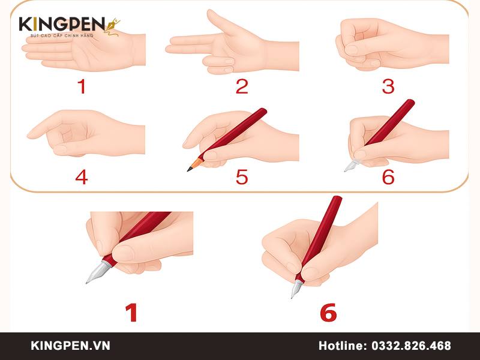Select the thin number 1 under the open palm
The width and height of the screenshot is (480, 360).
[x=81, y=87]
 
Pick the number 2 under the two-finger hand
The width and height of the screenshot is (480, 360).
[x=242, y=87]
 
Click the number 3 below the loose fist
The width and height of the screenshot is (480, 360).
[x=388, y=87]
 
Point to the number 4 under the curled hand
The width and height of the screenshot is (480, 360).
[x=81, y=177]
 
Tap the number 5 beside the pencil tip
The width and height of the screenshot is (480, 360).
[x=242, y=177]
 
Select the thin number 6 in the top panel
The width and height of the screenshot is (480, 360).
[x=388, y=177]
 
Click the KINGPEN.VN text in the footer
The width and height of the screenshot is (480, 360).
[x=70, y=346]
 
